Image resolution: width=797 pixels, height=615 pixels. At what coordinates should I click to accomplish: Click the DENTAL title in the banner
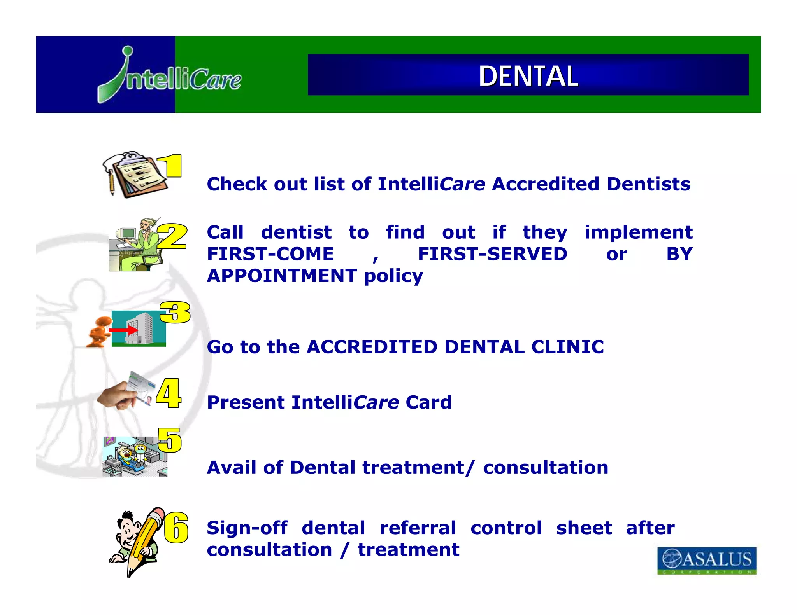click(x=528, y=76)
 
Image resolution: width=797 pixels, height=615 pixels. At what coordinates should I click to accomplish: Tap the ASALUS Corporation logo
click(x=707, y=560)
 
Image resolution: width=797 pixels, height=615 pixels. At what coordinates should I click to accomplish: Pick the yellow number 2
click(x=172, y=236)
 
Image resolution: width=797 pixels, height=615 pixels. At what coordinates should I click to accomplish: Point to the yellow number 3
click(x=175, y=312)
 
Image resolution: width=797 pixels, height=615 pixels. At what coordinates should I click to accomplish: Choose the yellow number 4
click(x=169, y=393)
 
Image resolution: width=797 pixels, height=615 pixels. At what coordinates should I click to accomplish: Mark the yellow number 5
click(x=170, y=440)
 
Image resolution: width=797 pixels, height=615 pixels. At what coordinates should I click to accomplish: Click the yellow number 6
click(x=176, y=528)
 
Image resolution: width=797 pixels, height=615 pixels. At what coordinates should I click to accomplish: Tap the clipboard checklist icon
click(x=134, y=175)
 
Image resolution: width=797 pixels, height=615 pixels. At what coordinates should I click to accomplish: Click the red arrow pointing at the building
click(x=123, y=330)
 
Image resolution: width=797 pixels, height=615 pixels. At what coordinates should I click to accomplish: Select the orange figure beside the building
click(x=98, y=331)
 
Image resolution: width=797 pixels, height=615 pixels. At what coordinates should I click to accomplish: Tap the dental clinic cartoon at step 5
click(x=135, y=456)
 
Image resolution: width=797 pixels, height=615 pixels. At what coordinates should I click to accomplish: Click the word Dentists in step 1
click(x=648, y=184)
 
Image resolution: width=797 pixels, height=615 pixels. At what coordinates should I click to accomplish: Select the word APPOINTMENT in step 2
click(x=282, y=276)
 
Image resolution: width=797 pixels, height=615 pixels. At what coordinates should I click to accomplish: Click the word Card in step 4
click(x=428, y=402)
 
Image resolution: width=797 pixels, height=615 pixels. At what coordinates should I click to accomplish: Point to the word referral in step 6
click(x=418, y=528)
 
